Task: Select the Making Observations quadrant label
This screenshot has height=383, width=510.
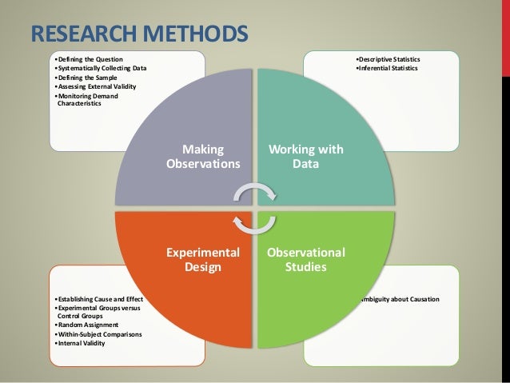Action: coord(203,156)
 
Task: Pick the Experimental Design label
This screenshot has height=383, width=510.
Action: coord(203,260)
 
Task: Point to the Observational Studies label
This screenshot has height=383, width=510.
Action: coord(306,260)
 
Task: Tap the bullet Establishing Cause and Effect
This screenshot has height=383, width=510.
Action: coord(96,299)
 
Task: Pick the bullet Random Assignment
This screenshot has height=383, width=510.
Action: coord(83,325)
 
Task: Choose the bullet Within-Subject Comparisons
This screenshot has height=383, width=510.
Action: coord(97,334)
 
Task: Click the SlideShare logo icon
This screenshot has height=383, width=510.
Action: coord(496,373)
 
